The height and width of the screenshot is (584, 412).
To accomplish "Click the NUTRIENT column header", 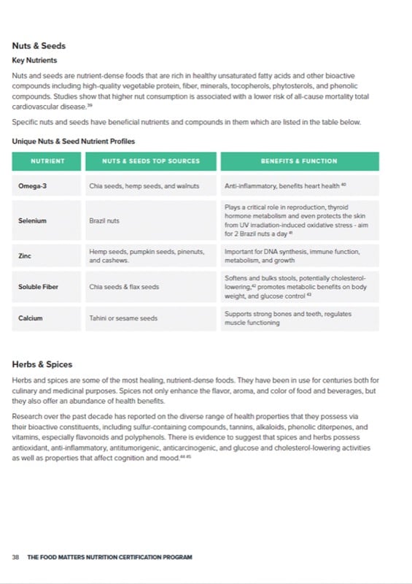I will (47, 161).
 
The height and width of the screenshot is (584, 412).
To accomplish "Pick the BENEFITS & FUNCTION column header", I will (299, 161).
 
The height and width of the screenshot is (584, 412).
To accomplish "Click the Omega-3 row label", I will (33, 186).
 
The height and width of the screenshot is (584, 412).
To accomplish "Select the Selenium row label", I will (33, 220).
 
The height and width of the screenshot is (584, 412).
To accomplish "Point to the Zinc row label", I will (25, 256).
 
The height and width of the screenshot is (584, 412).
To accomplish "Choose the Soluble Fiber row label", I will (38, 287).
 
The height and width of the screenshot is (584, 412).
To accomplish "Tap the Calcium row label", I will (31, 318).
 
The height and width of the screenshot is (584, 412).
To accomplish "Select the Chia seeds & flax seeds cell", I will (124, 287).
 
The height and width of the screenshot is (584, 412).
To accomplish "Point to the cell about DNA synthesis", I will (292, 255).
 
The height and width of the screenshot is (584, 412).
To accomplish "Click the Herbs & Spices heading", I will (42, 364).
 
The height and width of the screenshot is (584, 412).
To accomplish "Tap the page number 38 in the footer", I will (15, 557).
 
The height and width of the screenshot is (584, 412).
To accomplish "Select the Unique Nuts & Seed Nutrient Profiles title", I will (73, 141).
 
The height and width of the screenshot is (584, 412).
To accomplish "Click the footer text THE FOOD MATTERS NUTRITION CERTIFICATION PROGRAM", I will (109, 557).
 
